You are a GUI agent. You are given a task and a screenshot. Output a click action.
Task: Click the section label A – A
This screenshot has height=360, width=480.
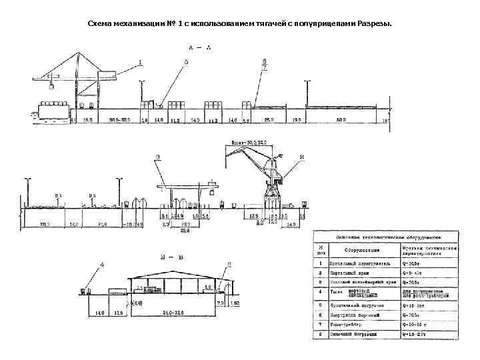coord(200,48)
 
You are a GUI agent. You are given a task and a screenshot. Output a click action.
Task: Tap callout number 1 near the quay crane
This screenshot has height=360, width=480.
coord(141,63)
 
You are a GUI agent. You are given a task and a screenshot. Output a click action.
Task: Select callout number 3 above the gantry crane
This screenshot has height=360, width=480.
coord(158,158)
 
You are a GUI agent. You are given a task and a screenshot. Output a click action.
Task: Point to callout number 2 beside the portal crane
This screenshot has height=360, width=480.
coord(301,158)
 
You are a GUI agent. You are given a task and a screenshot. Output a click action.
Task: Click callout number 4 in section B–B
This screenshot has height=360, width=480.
coord(102,265)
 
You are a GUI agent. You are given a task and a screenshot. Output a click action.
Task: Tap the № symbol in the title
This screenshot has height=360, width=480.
coord(171,24)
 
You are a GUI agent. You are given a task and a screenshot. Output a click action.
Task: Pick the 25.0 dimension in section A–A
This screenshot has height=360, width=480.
coord(268,121)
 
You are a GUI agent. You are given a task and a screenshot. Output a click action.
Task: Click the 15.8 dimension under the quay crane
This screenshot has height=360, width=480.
coord(87,121)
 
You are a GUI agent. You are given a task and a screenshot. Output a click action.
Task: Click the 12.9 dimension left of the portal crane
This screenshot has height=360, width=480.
coord(253,217)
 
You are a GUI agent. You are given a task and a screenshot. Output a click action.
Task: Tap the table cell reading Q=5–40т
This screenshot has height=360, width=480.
coord(414,273)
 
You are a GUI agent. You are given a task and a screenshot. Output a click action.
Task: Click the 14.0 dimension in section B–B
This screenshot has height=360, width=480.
coord(99,312)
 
